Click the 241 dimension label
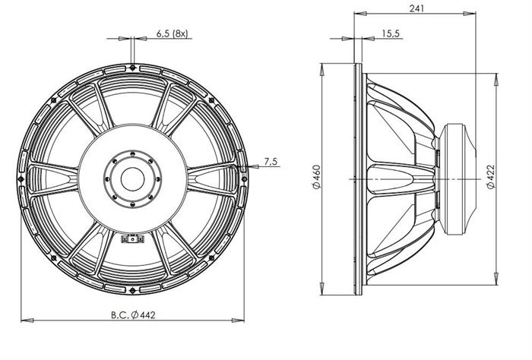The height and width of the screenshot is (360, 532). pos(416,8)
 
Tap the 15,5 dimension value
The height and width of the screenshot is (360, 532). pos(391,33)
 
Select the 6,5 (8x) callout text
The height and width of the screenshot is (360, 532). pos(172,33)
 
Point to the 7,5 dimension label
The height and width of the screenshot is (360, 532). pos(271,162)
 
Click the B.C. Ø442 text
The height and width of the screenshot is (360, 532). pos(133,315)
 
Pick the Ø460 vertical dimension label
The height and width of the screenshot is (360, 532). pos(315,177)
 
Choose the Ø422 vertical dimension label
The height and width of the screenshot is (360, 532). pos(491,177)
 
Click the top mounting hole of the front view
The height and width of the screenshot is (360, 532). pos(132,68)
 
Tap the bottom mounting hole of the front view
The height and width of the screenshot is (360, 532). pos(132,290)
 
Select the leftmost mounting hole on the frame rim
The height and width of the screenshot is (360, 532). pos(21,178)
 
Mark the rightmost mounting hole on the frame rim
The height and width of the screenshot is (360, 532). pos(244,178)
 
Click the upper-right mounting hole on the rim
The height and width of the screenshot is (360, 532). pos(211,100)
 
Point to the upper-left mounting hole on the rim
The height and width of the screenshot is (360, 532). pos(53,100)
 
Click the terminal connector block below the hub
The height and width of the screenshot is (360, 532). pos(132,239)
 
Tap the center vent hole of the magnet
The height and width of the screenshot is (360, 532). pos(133,179)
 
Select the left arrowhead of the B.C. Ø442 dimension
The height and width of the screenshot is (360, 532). pos(27,321)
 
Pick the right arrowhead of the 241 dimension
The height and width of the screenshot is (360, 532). pos(470,14)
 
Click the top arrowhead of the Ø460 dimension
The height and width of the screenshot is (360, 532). pos(321,69)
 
